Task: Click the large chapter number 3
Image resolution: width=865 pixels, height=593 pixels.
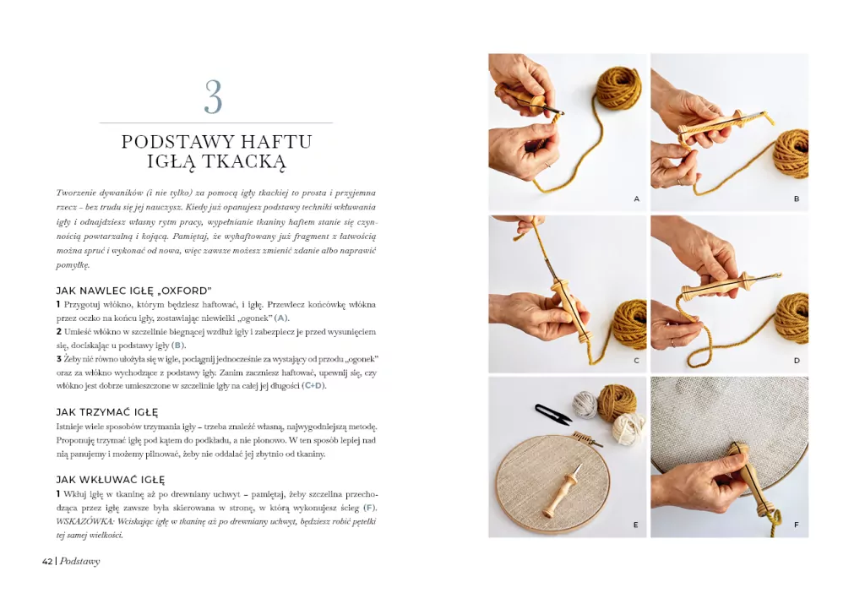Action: (x=214, y=98)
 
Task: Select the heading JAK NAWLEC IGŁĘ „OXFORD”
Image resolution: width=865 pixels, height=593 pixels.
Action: (x=133, y=291)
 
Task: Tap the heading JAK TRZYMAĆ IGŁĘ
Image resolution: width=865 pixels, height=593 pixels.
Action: (x=107, y=412)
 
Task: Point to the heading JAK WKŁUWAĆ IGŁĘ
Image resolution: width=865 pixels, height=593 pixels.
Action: (x=111, y=480)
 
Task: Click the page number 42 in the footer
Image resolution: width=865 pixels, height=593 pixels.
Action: (x=48, y=561)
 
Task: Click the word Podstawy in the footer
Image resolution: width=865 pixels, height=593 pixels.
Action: (x=80, y=561)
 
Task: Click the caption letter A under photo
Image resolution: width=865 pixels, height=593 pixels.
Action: (x=636, y=199)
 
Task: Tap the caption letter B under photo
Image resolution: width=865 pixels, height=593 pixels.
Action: (x=796, y=199)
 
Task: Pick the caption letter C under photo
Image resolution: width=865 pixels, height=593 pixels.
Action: (x=636, y=361)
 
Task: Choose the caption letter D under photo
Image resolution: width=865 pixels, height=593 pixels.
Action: (x=796, y=361)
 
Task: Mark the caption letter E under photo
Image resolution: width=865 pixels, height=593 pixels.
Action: (x=636, y=525)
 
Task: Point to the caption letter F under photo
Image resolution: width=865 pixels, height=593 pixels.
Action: (x=796, y=525)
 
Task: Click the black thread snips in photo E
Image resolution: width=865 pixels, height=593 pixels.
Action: (x=552, y=414)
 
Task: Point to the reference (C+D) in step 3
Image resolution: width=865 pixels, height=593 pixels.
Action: (x=313, y=385)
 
